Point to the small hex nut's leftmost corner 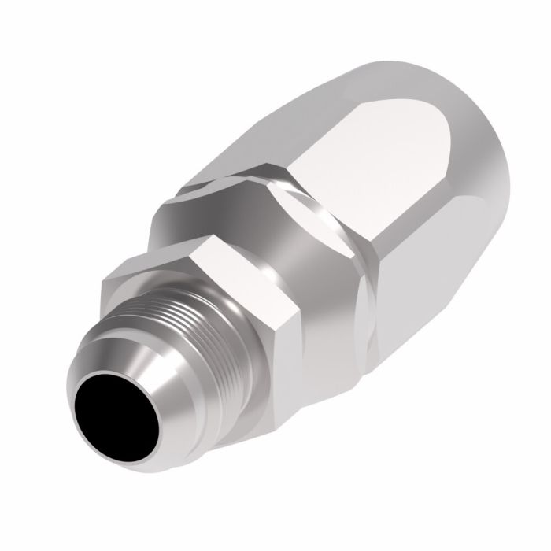click(104, 277)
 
